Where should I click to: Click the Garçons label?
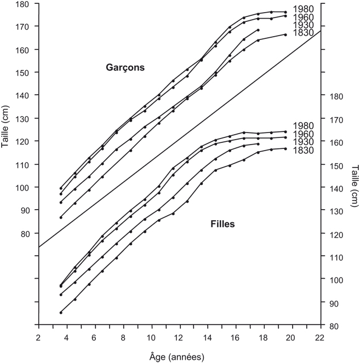[x=124, y=68]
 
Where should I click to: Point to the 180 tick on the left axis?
[x=23, y=4]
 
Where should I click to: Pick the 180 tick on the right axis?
[x=337, y=96]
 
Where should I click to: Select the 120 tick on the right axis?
[x=337, y=234]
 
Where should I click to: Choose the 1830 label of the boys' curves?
[x=302, y=33]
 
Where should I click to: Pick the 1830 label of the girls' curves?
[x=302, y=150]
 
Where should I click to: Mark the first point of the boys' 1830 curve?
[x=61, y=217]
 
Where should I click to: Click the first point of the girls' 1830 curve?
[x=61, y=313]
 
